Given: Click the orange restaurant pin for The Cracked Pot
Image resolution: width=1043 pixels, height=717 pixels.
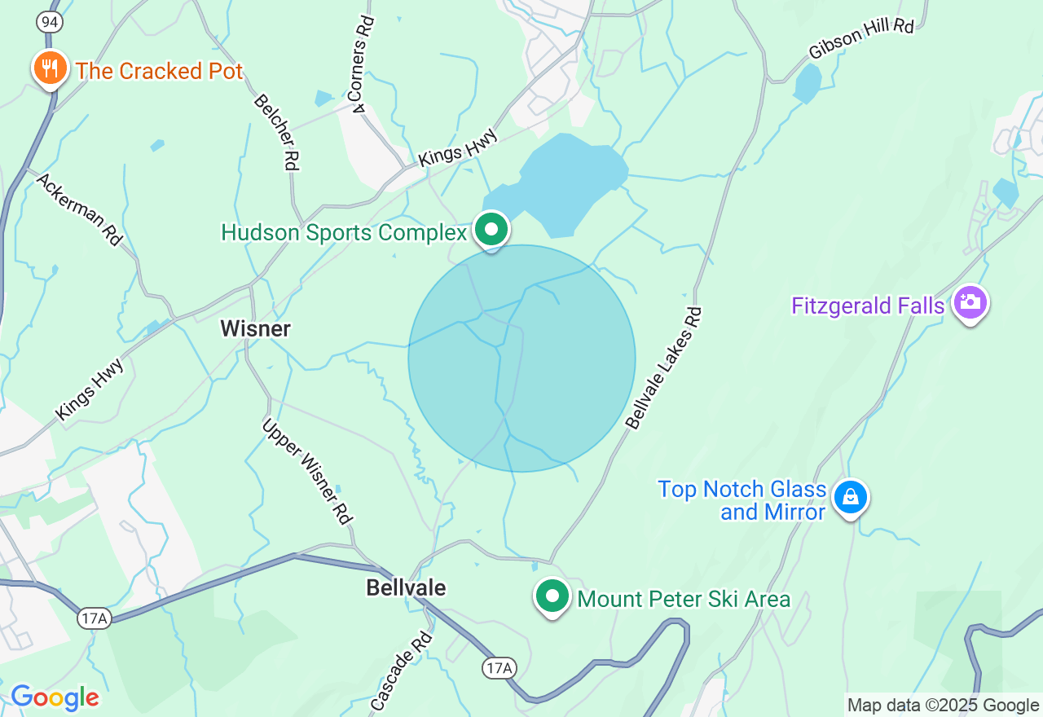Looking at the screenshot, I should point(51,68).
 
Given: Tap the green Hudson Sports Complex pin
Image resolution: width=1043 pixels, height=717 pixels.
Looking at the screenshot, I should point(491,230).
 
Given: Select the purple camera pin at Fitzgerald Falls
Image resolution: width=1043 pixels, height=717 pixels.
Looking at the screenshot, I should point(970,303).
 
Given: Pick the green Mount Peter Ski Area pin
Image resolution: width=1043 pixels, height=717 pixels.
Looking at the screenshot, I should point(552,596).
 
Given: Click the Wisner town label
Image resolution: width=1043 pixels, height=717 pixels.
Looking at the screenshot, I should point(255,329).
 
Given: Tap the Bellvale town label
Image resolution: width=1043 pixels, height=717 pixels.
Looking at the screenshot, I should point(406,587).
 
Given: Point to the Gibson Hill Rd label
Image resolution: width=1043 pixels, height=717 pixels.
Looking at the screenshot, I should point(860,38).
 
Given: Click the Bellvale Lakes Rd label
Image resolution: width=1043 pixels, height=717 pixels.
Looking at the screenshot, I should point(663,367).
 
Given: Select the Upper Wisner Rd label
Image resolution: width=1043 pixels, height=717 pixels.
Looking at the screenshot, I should point(306,471).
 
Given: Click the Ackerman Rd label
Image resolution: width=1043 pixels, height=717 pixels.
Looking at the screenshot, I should point(79,209).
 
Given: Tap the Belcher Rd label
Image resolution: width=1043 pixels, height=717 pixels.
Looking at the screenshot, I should point(276,132).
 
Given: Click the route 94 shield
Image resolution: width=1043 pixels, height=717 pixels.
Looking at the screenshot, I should point(50,22).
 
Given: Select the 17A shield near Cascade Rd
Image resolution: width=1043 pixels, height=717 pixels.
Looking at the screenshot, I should point(499,668).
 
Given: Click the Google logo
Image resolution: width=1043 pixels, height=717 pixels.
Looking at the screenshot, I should point(55,697).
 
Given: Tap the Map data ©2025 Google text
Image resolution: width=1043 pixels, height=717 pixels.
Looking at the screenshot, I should point(943,706).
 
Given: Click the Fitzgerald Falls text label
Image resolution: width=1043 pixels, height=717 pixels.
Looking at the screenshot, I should point(868,306).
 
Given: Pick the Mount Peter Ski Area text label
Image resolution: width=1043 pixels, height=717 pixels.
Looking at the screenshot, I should point(684,600).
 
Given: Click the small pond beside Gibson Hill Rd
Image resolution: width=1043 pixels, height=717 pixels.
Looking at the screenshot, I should point(807,84).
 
